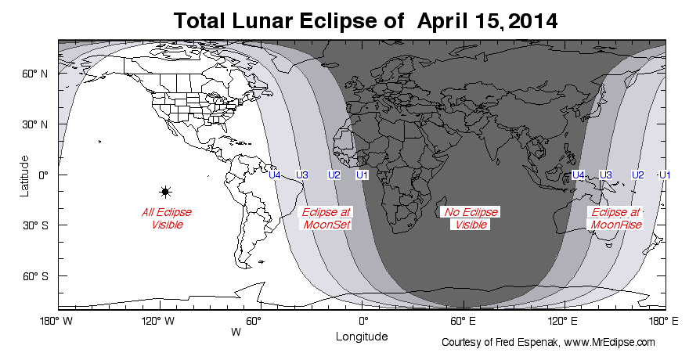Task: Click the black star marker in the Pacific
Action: point(165,192)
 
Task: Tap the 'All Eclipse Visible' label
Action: point(166,218)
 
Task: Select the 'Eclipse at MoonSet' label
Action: point(326,218)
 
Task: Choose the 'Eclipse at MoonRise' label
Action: point(616,218)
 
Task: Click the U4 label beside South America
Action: point(275,175)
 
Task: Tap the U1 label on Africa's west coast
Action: point(362,175)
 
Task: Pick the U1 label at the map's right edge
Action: point(665,175)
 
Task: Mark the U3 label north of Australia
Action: point(605,175)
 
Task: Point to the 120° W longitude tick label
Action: point(160,321)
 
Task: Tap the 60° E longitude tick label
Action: point(462,321)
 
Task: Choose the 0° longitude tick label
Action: point(363,321)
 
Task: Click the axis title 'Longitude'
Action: point(362,337)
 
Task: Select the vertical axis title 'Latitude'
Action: point(25,175)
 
